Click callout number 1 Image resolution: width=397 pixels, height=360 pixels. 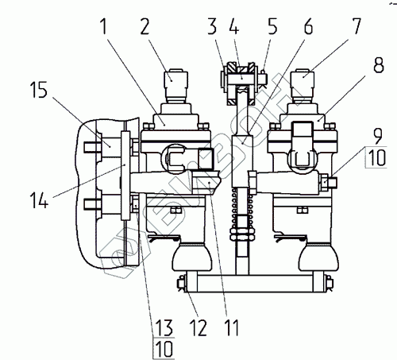pyautogui.click(x=104, y=27)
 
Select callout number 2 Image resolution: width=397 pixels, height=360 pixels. pyautogui.click(x=145, y=27)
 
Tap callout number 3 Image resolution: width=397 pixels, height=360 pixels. pyautogui.click(x=212, y=26)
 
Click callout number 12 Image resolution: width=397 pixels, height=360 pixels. pyautogui.click(x=199, y=327)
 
